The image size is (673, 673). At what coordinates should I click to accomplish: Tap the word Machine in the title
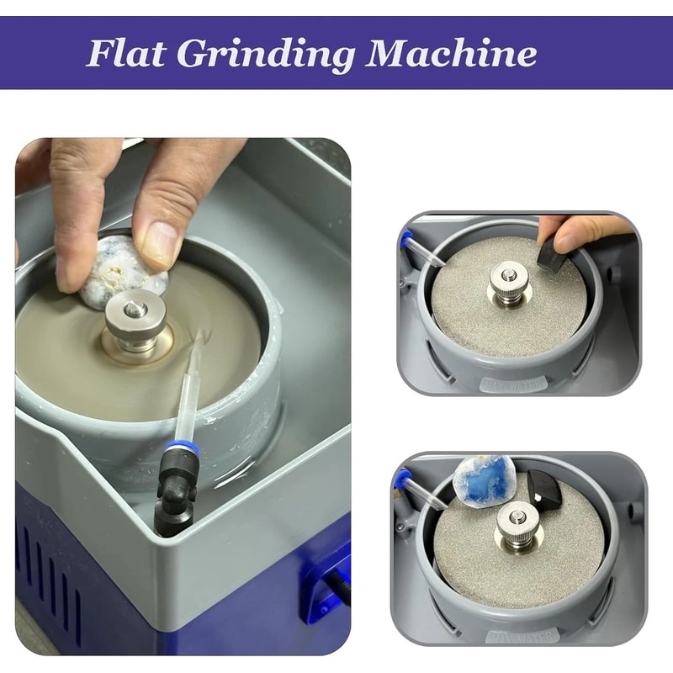[x=451, y=54]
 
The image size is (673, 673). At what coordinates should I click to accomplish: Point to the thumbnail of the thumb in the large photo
[x=157, y=244]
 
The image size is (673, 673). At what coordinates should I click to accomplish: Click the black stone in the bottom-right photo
[x=545, y=488]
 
